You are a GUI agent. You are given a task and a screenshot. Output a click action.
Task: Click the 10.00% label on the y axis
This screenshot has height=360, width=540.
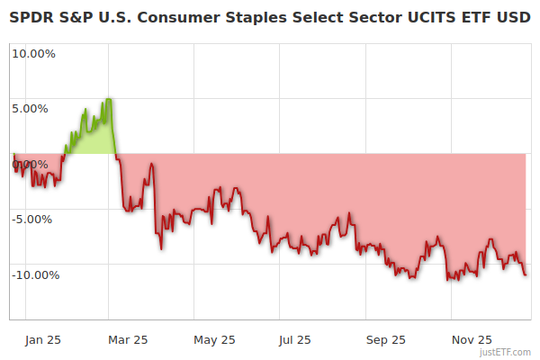[x=33, y=53]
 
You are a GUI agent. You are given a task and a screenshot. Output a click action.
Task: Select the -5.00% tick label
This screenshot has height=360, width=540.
[x=34, y=219]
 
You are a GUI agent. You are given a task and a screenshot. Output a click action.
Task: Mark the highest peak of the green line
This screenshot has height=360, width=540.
[x=108, y=99]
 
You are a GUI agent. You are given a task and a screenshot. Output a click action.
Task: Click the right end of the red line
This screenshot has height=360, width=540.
[x=526, y=274]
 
